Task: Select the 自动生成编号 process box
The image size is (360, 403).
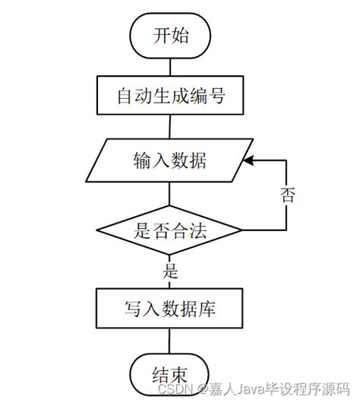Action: click(x=171, y=97)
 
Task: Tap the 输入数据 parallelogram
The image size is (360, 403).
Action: click(x=171, y=161)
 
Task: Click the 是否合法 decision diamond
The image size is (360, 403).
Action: click(x=171, y=229)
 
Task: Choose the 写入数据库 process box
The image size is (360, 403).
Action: click(x=171, y=308)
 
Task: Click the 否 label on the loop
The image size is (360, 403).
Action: click(x=288, y=195)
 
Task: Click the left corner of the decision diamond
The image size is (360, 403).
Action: click(x=98, y=229)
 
